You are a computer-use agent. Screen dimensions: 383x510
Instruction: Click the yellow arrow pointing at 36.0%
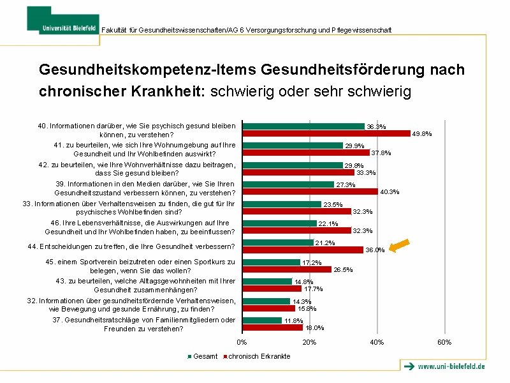coord(400,245)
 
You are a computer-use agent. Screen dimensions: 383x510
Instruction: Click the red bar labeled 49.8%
coord(326,133)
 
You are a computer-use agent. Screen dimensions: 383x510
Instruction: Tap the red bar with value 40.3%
coord(310,191)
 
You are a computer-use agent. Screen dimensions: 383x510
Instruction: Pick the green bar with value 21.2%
coord(278,243)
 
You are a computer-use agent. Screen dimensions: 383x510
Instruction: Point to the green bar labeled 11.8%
coord(262,320)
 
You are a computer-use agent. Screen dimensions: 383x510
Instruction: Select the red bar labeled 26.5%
coord(287,269)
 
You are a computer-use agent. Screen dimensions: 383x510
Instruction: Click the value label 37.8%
coord(381,153)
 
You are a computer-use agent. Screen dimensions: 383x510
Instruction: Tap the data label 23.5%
coord(333,205)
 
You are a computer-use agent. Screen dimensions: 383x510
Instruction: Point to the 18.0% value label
coord(314,328)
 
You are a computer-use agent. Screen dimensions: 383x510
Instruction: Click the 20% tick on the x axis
coord(309,343)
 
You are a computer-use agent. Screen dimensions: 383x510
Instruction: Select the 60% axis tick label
coord(444,343)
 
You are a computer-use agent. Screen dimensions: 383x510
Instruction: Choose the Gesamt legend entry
coord(203,356)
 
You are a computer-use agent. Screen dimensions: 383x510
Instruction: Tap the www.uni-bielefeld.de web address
coord(451,366)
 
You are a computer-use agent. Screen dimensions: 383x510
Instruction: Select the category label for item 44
coord(131,246)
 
